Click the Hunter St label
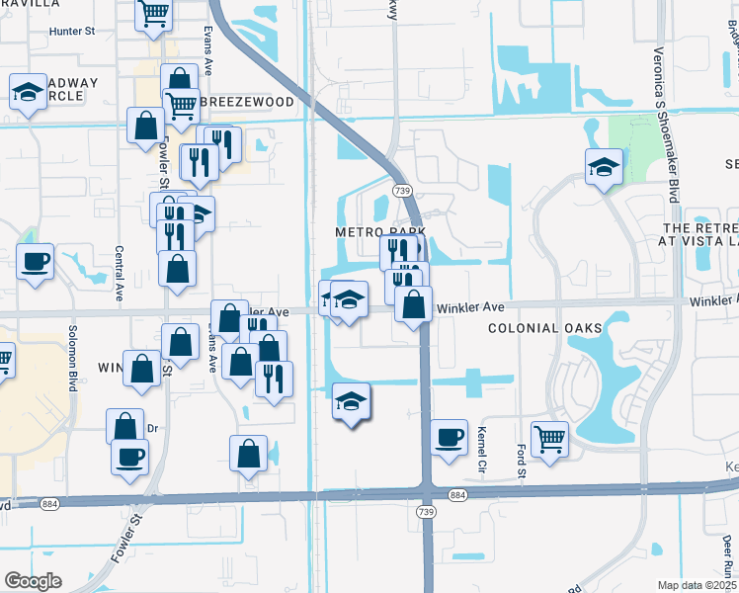(x=73, y=32)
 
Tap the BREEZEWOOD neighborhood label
(x=246, y=102)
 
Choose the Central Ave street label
(x=118, y=273)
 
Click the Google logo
(x=33, y=581)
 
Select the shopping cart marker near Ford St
(x=549, y=438)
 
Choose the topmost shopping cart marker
(x=154, y=13)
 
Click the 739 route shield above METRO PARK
(x=401, y=189)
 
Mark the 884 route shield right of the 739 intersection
(x=456, y=493)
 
